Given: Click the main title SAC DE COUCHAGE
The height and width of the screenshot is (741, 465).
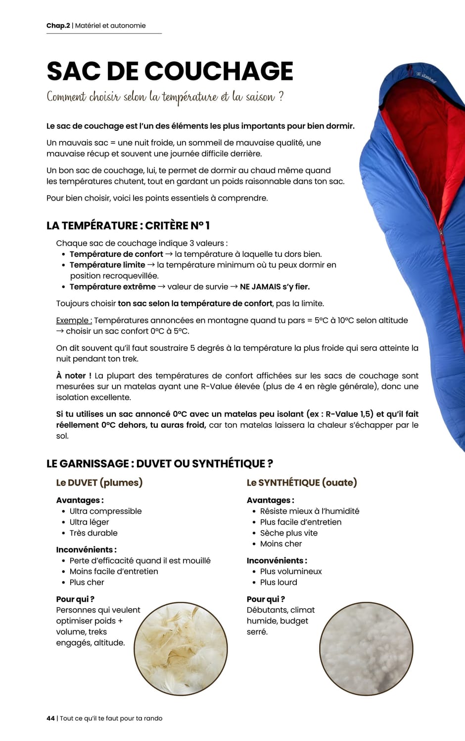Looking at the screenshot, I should tap(170, 71).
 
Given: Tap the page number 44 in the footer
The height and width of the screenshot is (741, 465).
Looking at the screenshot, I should tap(50, 718).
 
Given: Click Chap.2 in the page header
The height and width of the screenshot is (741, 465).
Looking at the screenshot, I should tap(58, 26).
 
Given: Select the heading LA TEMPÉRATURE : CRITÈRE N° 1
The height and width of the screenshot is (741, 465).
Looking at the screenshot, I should tap(128, 226).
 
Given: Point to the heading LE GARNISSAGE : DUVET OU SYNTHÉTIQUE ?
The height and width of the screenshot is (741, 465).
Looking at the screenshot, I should tap(160, 463).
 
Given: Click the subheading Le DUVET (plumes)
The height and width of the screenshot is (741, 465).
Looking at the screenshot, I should tap(99, 483).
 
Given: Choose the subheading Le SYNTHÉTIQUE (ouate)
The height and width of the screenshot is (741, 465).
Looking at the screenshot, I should tap(302, 483).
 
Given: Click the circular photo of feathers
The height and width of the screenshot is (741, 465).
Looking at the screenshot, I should tap(181, 649).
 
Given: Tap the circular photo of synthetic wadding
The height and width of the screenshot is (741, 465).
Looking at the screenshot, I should tap(366, 649).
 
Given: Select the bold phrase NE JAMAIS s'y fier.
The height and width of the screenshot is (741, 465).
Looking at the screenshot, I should tap(275, 287).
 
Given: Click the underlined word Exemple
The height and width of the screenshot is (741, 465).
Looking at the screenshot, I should tap(74, 320).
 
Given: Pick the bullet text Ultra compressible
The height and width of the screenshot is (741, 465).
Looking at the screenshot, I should tap(105, 511).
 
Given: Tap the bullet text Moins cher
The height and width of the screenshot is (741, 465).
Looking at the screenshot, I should tap(281, 544).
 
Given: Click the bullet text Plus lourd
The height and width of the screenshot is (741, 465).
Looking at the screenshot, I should tap(279, 582).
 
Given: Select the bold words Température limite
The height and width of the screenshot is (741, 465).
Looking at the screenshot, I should tap(107, 265).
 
